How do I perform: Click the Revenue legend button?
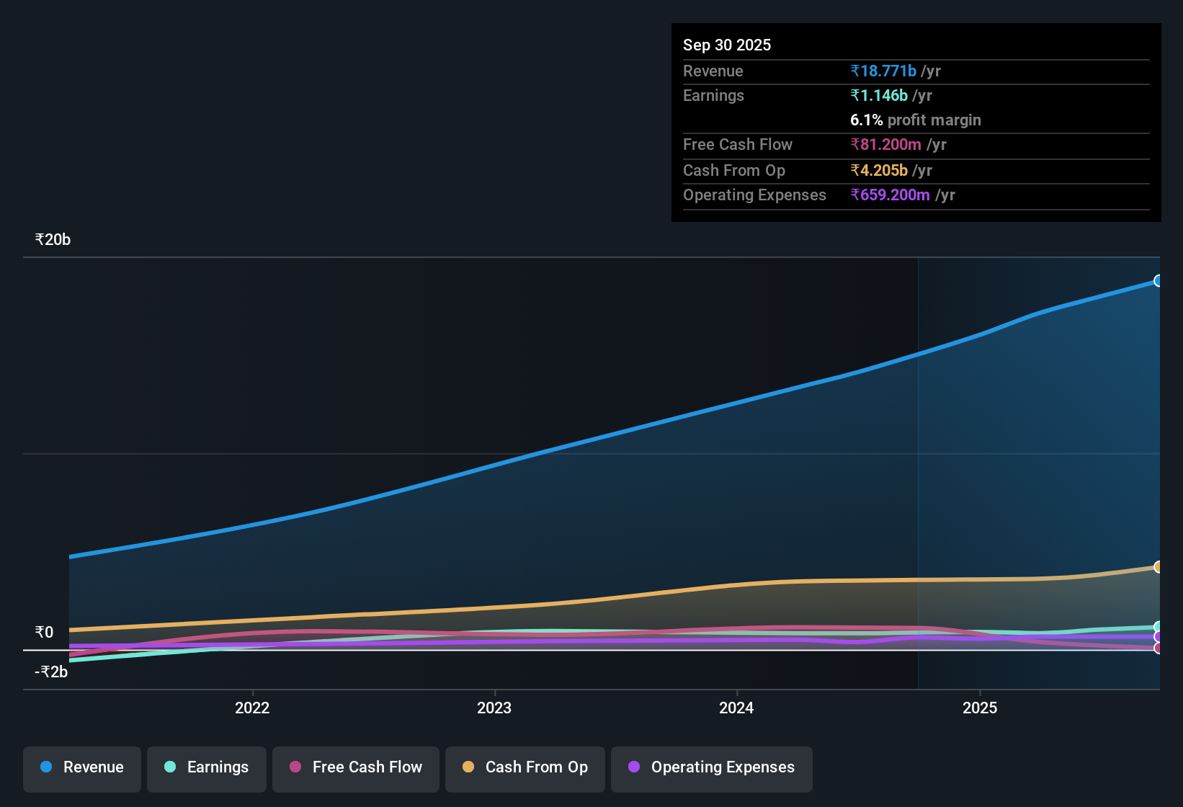tap(82, 767)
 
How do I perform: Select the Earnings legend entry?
tap(207, 767)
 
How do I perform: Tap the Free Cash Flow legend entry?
tap(356, 767)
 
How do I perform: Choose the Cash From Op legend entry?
tap(525, 767)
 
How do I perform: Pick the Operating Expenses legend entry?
tap(712, 767)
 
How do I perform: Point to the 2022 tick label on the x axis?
tap(252, 708)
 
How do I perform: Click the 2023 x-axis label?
tap(494, 708)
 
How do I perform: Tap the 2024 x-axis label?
tap(736, 708)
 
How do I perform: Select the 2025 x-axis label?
tap(980, 708)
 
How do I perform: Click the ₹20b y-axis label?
tap(53, 239)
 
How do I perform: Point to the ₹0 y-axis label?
tap(45, 632)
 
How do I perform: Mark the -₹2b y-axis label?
tap(51, 672)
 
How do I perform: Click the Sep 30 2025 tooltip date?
tap(727, 45)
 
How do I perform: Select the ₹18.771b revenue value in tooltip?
tap(883, 71)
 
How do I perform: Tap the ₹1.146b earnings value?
tap(879, 95)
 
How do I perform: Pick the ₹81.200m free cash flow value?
tap(885, 144)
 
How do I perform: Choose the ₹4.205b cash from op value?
tap(879, 170)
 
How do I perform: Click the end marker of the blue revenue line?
tap(1158, 280)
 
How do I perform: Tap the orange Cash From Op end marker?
tap(1158, 567)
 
